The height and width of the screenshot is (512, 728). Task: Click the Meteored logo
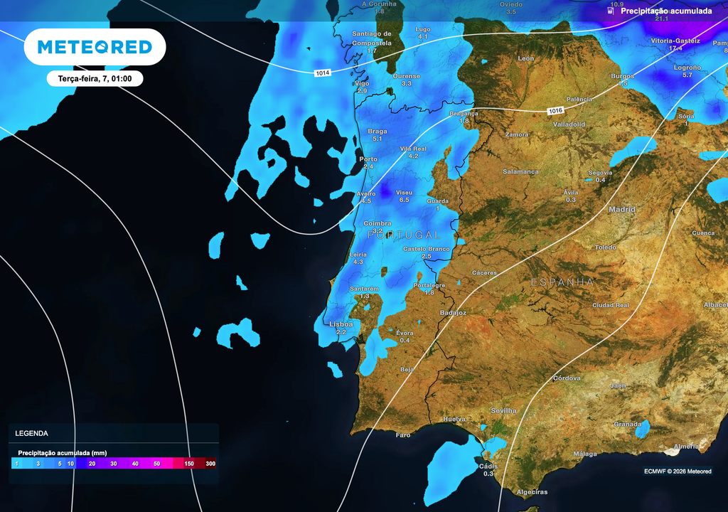point(95,47)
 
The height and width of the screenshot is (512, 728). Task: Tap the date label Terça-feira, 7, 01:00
point(95,78)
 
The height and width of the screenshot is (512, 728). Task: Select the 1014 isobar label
point(323,73)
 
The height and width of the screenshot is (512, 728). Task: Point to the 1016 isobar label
point(556,110)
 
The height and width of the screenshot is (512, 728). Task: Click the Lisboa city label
point(341,324)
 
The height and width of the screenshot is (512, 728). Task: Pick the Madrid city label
point(622,209)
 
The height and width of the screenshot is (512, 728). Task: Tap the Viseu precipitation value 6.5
point(405,201)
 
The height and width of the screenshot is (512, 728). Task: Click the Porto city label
point(368,159)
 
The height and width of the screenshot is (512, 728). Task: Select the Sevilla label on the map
point(503,411)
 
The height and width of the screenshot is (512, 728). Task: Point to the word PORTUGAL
point(405,235)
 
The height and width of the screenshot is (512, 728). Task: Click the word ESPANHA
point(562,282)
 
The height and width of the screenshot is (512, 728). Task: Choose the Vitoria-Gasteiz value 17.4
point(675,48)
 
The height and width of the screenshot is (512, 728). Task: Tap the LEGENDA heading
point(32,433)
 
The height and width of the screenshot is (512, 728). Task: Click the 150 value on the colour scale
point(189,464)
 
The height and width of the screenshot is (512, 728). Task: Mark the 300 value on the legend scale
point(210,464)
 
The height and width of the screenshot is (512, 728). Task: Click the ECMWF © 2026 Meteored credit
point(678,471)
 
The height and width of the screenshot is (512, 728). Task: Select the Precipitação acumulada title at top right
point(666,11)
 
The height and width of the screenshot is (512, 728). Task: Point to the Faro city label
point(403,434)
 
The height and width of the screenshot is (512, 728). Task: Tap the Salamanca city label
point(520,171)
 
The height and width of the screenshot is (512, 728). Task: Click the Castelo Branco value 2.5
point(427,256)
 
